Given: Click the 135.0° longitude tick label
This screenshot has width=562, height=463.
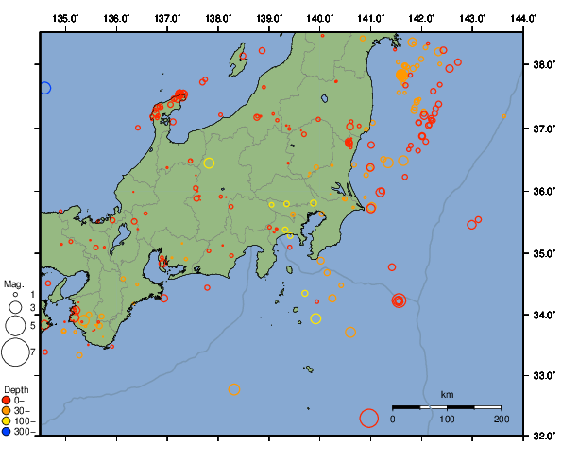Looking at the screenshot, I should [x=66, y=18].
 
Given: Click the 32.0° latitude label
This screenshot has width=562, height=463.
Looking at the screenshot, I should [x=541, y=437].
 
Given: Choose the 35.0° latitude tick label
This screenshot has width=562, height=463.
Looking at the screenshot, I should [x=541, y=253].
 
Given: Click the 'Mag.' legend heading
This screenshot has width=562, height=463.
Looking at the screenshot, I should [x=12, y=283].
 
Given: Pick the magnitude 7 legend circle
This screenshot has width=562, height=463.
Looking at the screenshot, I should [x=14, y=352].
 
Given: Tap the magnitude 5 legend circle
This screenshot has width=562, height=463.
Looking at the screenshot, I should [x=14, y=325].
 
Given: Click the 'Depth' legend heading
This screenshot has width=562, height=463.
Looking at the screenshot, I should [x=15, y=389].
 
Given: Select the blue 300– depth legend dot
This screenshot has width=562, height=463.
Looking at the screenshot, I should [x=8, y=431].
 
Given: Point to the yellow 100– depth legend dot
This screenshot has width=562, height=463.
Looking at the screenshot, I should [x=8, y=420].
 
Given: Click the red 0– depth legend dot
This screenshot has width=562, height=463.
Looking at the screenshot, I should [x=8, y=400].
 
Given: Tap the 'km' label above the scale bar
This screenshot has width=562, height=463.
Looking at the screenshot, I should [x=447, y=394].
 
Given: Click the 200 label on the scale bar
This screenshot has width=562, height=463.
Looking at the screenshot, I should [x=501, y=419].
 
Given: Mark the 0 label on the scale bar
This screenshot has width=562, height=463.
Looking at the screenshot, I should [x=393, y=419].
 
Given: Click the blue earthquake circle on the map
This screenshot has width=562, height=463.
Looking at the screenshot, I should [x=43, y=88].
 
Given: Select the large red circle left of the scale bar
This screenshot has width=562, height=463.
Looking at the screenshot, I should [x=369, y=417].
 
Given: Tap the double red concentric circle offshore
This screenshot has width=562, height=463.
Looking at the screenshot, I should [x=399, y=300].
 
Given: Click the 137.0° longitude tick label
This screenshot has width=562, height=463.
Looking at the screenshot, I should [x=168, y=18].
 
